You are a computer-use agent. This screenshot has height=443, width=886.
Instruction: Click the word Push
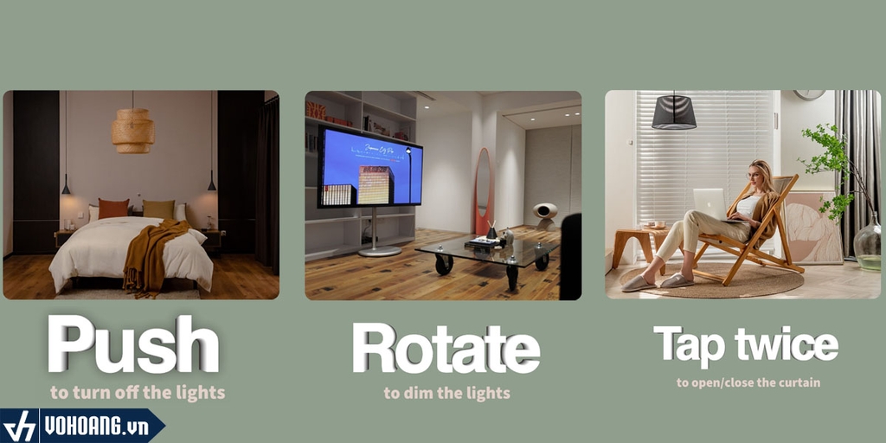(133, 344)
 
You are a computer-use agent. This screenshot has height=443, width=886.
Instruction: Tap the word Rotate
(446, 348)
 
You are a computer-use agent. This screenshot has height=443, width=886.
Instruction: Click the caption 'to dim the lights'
(446, 394)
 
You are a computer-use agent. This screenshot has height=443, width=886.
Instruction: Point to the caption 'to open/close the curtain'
(748, 382)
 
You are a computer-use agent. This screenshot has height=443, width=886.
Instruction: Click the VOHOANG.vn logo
(82, 426)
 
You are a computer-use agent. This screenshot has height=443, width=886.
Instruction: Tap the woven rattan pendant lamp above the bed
(132, 131)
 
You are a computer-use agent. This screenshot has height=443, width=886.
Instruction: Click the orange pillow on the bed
(113, 209)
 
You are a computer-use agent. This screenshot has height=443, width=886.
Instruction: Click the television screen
(369, 167)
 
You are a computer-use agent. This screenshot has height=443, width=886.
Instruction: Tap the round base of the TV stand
(379, 252)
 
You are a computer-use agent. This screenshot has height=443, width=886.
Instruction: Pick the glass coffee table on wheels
(488, 256)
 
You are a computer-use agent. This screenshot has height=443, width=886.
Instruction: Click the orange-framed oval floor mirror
(483, 191)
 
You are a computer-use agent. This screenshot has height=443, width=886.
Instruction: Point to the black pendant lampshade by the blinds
(673, 112)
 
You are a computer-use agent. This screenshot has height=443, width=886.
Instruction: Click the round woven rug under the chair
(712, 279)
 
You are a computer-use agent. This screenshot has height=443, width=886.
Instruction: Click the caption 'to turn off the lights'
(138, 393)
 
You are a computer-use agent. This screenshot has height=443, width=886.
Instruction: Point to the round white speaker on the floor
(545, 215)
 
